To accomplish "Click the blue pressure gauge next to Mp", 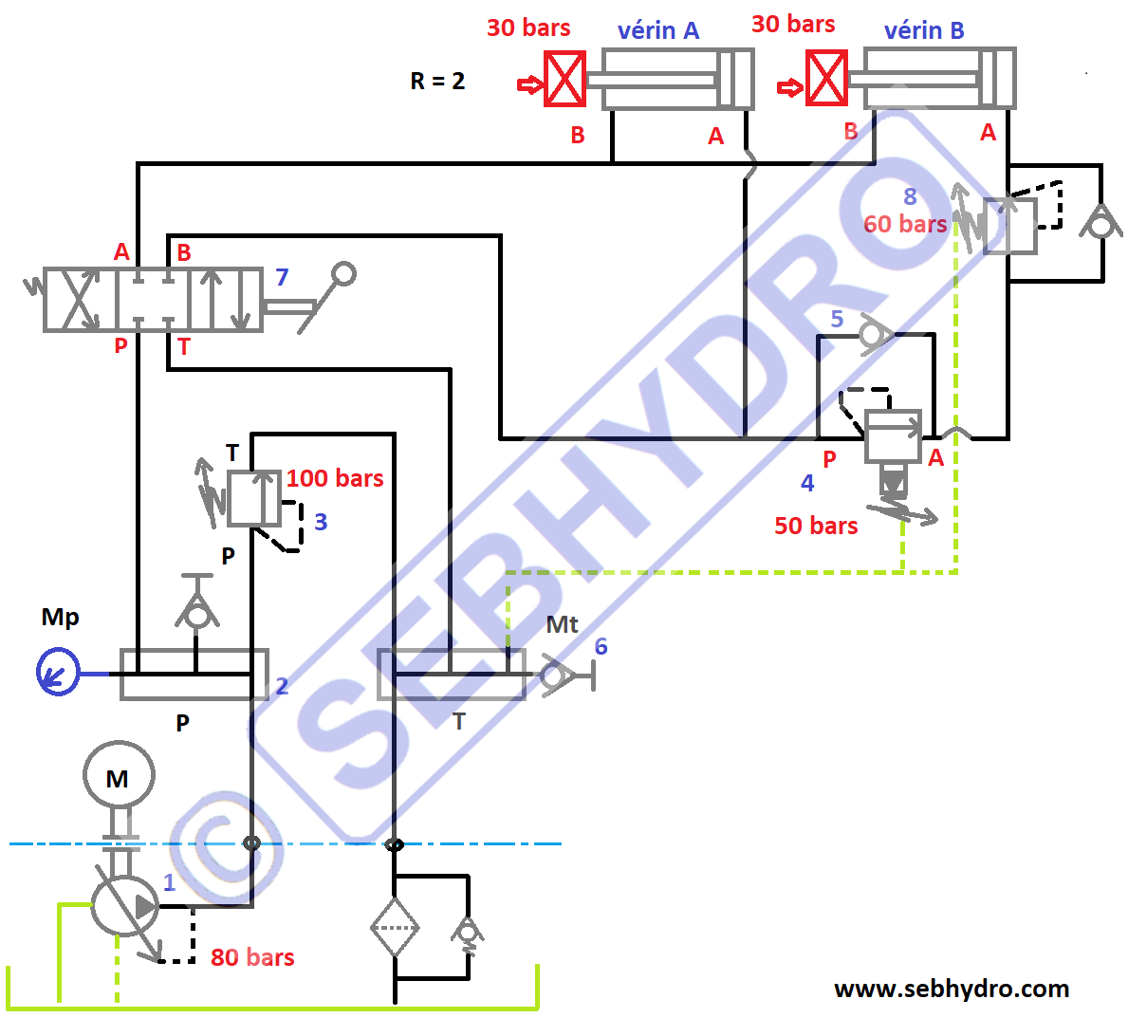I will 57,672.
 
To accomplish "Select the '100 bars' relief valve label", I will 335,478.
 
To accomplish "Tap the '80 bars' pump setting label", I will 252,957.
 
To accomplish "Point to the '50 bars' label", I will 816,526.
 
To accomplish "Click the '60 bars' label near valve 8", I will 905,224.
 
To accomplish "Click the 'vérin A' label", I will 658,30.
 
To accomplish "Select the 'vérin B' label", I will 924,30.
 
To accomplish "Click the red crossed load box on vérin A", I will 565,79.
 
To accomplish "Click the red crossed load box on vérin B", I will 826,79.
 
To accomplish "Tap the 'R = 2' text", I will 437,81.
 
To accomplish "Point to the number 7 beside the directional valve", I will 282,277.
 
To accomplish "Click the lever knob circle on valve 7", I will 343,274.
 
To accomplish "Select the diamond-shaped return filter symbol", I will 395,927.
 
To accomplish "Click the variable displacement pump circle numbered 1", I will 124,905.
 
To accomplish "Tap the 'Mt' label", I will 562,624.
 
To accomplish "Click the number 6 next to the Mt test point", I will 601,646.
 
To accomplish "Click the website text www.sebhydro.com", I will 952,989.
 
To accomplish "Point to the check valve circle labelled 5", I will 871,334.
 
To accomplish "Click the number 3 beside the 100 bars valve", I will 321,522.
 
